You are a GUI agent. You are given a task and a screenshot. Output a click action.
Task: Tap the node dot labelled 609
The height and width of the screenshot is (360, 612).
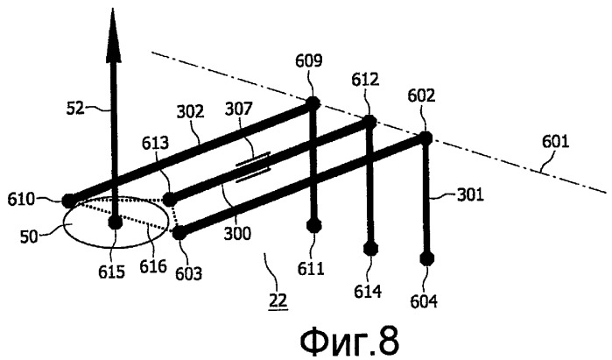[313, 103]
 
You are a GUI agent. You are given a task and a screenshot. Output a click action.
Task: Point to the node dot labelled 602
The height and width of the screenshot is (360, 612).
[426, 138]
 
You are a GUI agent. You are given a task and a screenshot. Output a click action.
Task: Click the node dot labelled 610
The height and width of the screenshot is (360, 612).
[68, 201]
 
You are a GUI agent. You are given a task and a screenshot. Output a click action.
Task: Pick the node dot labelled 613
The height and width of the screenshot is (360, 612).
[169, 200]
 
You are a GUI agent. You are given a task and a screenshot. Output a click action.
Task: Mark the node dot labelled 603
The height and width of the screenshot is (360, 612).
[179, 234]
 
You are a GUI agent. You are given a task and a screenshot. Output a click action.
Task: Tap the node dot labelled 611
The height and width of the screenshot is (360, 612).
[313, 225]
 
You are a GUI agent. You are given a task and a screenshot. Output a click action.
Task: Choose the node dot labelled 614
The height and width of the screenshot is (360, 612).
[370, 249]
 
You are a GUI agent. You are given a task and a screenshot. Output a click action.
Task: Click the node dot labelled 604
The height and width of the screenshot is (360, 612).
[426, 258]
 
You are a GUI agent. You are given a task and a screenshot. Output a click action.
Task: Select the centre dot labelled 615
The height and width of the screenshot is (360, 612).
[116, 223]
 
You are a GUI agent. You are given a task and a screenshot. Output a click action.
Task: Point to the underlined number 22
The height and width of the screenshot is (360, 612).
[278, 300]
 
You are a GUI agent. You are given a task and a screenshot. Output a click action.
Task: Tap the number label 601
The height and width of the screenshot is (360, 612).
[555, 142]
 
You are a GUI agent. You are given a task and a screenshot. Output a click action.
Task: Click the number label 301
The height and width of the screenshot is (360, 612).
[470, 194]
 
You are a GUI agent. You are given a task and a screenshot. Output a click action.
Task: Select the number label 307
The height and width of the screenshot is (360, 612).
[239, 109]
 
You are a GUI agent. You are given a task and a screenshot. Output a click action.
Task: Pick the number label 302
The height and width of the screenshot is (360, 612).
[191, 111]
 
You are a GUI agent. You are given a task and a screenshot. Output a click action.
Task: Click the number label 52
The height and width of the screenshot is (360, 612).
[75, 108]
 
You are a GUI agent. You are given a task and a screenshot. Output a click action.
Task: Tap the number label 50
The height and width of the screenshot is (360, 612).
[29, 236]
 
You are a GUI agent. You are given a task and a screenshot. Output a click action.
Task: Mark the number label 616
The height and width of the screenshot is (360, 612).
[153, 266]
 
